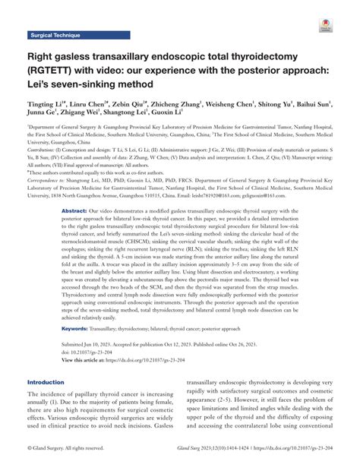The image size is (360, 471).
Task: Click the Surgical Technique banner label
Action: (x=55, y=36)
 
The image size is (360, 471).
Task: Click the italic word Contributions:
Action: (x=61, y=138)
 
